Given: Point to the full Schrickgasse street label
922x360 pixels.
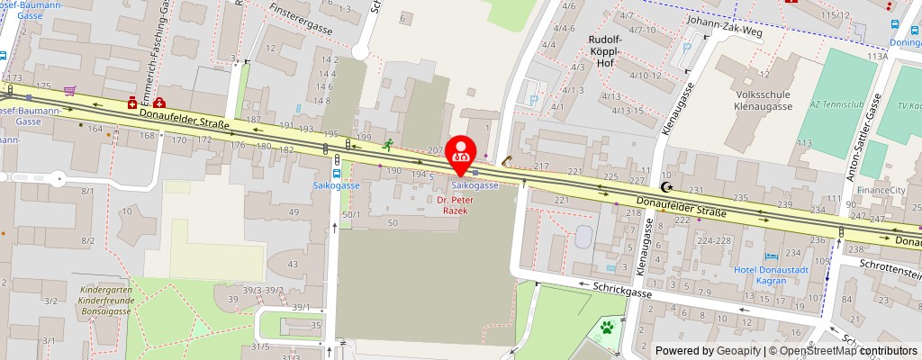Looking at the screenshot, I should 620,283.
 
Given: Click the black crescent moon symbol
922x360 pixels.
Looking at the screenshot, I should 666,187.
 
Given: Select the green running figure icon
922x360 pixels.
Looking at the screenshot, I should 388,144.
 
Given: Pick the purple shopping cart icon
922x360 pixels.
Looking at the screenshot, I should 68,91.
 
